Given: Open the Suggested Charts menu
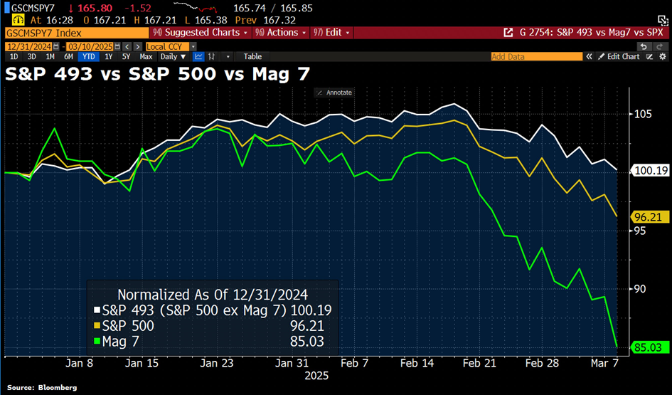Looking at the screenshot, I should coord(198,33).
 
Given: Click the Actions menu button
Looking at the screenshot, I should coord(282,33).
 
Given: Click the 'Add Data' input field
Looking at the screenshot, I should coord(540,56).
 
